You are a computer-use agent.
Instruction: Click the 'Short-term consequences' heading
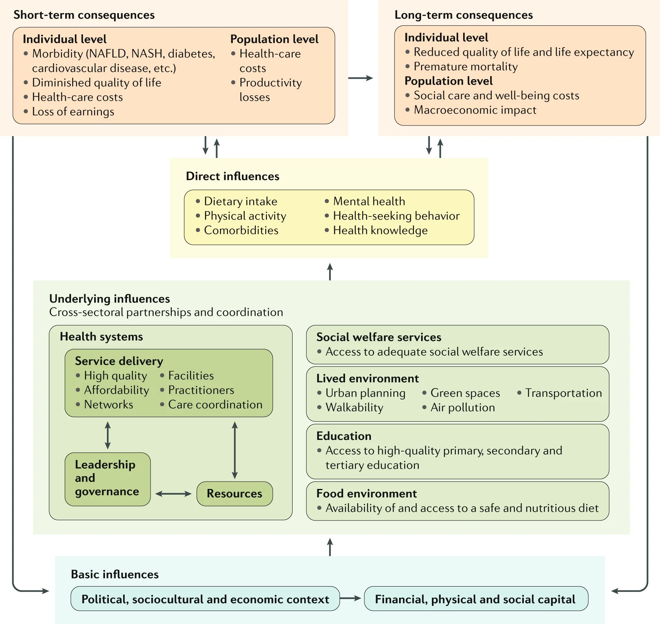84,15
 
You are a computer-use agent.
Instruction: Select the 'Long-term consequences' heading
463,15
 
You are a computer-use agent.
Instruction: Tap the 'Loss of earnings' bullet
73,112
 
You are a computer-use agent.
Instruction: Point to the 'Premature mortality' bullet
465,66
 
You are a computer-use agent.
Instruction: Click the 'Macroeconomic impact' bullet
475,110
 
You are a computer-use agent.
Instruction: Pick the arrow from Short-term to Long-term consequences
360,78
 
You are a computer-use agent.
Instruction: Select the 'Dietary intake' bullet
240,201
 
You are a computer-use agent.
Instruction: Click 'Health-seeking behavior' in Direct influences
396,216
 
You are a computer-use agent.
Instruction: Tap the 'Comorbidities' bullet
241,230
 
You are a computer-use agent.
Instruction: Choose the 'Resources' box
234,494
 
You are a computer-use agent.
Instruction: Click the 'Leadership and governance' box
107,479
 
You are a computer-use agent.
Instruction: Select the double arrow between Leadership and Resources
173,494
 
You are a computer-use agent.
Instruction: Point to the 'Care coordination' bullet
215,404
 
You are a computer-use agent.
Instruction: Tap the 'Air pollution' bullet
462,408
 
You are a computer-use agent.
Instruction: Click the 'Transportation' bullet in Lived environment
563,393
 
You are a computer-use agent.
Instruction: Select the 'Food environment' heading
366,494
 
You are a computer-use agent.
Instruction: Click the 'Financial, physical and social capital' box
476,599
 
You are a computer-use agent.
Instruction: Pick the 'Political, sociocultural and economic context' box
205,599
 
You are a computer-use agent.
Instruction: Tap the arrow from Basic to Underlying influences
330,547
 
